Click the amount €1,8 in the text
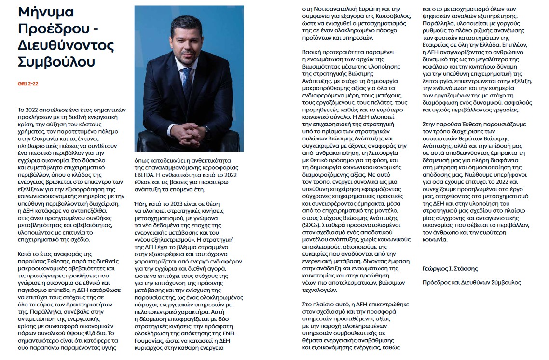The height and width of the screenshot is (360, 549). coord(97,332)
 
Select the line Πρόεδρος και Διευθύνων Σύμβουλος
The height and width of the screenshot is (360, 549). coord(471,282)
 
